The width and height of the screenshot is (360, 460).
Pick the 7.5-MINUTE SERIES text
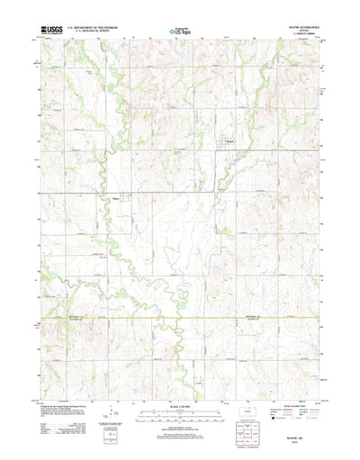coord(288,36)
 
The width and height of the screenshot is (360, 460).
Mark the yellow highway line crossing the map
coord(180,318)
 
